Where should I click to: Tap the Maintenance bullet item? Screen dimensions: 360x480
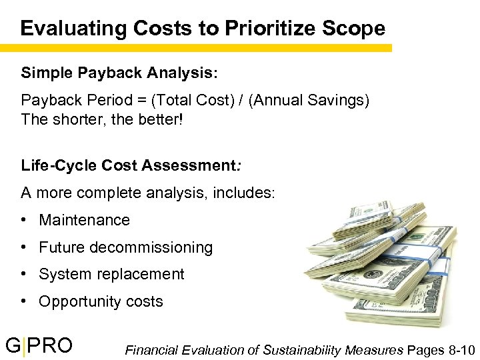pyautogui.click(x=84, y=220)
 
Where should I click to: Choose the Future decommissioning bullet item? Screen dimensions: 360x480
pyautogui.click(x=125, y=247)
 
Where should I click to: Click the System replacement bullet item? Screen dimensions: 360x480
pyautogui.click(x=111, y=274)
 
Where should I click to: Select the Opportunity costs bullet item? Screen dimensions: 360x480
pyautogui.click(x=101, y=301)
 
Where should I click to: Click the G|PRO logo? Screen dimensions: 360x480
pyautogui.click(x=39, y=345)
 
